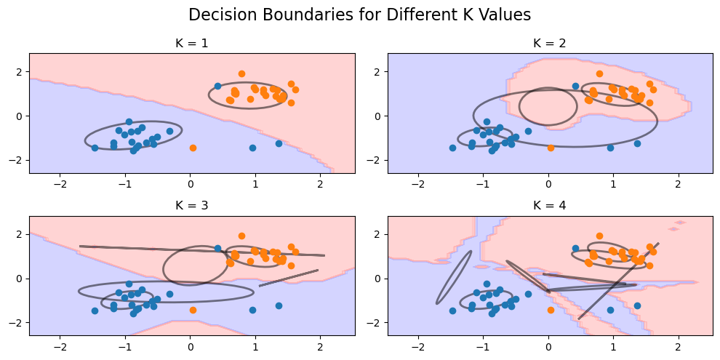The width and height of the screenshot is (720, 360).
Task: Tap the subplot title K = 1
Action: click(x=192, y=44)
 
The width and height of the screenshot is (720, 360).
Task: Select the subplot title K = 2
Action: click(x=550, y=44)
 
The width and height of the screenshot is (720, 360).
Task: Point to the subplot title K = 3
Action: click(x=192, y=206)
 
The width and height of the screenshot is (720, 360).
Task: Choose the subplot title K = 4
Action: click(x=550, y=206)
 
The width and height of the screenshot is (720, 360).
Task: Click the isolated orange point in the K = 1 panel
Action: click(x=193, y=148)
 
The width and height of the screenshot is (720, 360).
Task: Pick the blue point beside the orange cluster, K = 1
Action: click(x=217, y=86)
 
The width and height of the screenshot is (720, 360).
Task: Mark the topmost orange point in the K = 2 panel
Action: click(x=599, y=73)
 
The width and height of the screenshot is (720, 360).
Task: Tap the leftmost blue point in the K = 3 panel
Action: click(x=95, y=311)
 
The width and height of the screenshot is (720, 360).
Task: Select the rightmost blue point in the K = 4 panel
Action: click(x=637, y=305)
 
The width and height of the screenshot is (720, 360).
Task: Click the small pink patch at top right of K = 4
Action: click(x=680, y=223)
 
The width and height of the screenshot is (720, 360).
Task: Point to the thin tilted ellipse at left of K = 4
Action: click(x=454, y=278)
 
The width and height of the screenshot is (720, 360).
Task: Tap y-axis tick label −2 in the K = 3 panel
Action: click(x=18, y=322)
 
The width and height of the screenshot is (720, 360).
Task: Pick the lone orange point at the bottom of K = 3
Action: click(x=193, y=310)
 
